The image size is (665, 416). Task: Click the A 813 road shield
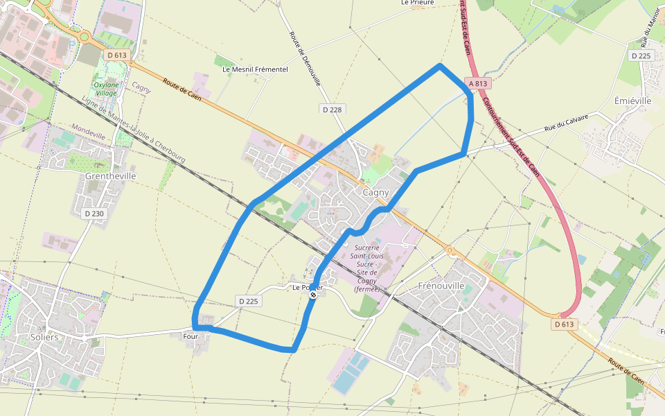tap(478, 83)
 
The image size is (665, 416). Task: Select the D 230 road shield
tap(94, 214)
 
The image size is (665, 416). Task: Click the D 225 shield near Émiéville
tap(641, 55)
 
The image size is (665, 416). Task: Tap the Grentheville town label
tap(111, 176)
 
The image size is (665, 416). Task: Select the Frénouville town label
tap(441, 286)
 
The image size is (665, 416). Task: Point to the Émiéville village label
tap(633, 101)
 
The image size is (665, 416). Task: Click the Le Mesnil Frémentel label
tap(255, 69)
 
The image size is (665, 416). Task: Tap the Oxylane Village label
tap(106, 89)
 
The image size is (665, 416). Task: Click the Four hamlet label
tap(190, 336)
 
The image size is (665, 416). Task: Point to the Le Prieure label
tap(418, 3)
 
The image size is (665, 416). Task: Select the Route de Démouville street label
tap(305, 58)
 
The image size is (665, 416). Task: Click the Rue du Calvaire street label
tap(566, 123)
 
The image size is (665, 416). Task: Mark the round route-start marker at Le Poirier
tap(313, 295)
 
